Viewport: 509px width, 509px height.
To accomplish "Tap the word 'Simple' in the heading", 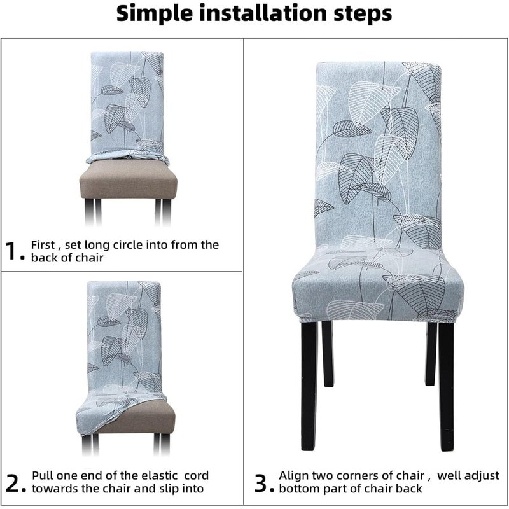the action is (x=155, y=14).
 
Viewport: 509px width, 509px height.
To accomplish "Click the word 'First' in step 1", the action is (x=43, y=244).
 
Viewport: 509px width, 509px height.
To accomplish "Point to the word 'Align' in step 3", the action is (x=293, y=476).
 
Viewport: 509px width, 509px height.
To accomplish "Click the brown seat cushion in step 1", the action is (x=129, y=179).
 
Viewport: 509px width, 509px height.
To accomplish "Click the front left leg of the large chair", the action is (x=309, y=386).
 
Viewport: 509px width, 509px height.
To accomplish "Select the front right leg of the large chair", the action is (x=447, y=386).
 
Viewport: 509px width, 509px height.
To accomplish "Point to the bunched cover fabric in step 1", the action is (x=128, y=157).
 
